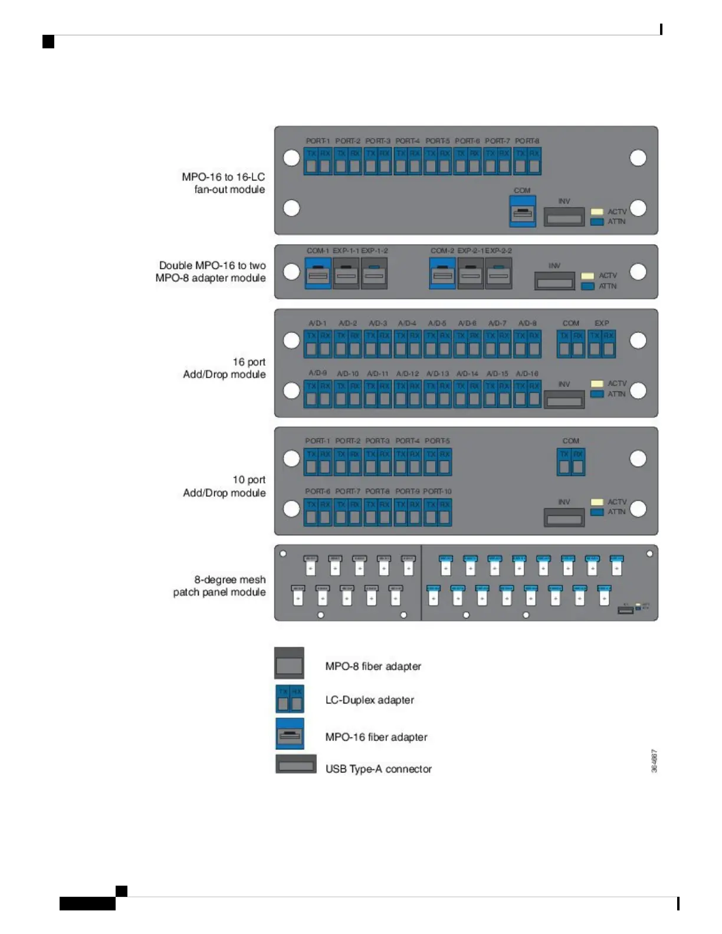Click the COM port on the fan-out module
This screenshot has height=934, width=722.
523,211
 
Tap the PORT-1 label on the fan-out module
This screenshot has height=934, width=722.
317,141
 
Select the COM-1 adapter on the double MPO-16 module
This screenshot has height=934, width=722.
318,273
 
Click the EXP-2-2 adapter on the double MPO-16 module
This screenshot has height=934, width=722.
498,273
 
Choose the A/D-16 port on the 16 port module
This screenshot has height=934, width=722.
527,393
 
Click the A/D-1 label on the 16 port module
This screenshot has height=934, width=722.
317,323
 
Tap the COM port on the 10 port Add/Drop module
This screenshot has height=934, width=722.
571,461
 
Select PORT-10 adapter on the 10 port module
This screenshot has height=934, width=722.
437,511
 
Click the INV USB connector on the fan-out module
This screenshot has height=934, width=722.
564,217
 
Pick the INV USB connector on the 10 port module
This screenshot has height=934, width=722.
564,518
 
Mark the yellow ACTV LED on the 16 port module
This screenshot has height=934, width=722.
597,383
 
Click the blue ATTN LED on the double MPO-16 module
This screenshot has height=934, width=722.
588,286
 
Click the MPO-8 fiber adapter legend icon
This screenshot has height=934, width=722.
289,663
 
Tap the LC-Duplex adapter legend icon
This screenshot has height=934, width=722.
290,699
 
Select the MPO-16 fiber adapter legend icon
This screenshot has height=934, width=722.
290,734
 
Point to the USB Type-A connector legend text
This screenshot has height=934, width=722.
378,769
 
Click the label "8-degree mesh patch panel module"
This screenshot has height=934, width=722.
219,586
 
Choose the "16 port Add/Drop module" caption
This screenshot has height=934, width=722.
225,368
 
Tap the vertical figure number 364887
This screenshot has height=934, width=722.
654,761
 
